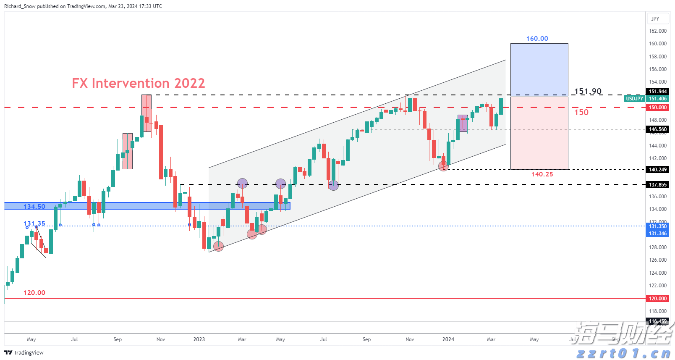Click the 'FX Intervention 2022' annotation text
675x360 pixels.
click(x=138, y=83)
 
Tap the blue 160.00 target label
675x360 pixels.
click(x=537, y=39)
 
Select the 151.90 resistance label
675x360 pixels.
click(x=587, y=91)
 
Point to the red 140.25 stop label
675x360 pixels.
click(x=542, y=174)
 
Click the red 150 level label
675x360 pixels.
click(x=581, y=112)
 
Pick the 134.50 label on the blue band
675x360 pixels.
click(x=34, y=206)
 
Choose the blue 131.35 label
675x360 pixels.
click(x=34, y=223)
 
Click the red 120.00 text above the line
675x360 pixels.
click(x=34, y=293)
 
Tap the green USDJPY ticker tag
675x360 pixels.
click(x=634, y=99)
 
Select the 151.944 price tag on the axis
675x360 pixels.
click(x=657, y=92)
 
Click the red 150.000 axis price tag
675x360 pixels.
click(x=657, y=108)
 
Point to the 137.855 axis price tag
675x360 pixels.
click(x=657, y=185)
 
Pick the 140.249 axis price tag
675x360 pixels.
click(x=657, y=170)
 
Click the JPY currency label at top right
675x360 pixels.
click(x=655, y=19)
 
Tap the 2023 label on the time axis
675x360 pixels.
click(x=199, y=339)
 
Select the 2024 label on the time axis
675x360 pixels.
click(x=448, y=339)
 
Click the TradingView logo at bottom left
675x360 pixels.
click(x=24, y=352)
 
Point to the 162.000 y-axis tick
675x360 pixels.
click(x=657, y=31)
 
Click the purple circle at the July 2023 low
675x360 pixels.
click(x=333, y=185)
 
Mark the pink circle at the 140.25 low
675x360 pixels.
click(x=443, y=167)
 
